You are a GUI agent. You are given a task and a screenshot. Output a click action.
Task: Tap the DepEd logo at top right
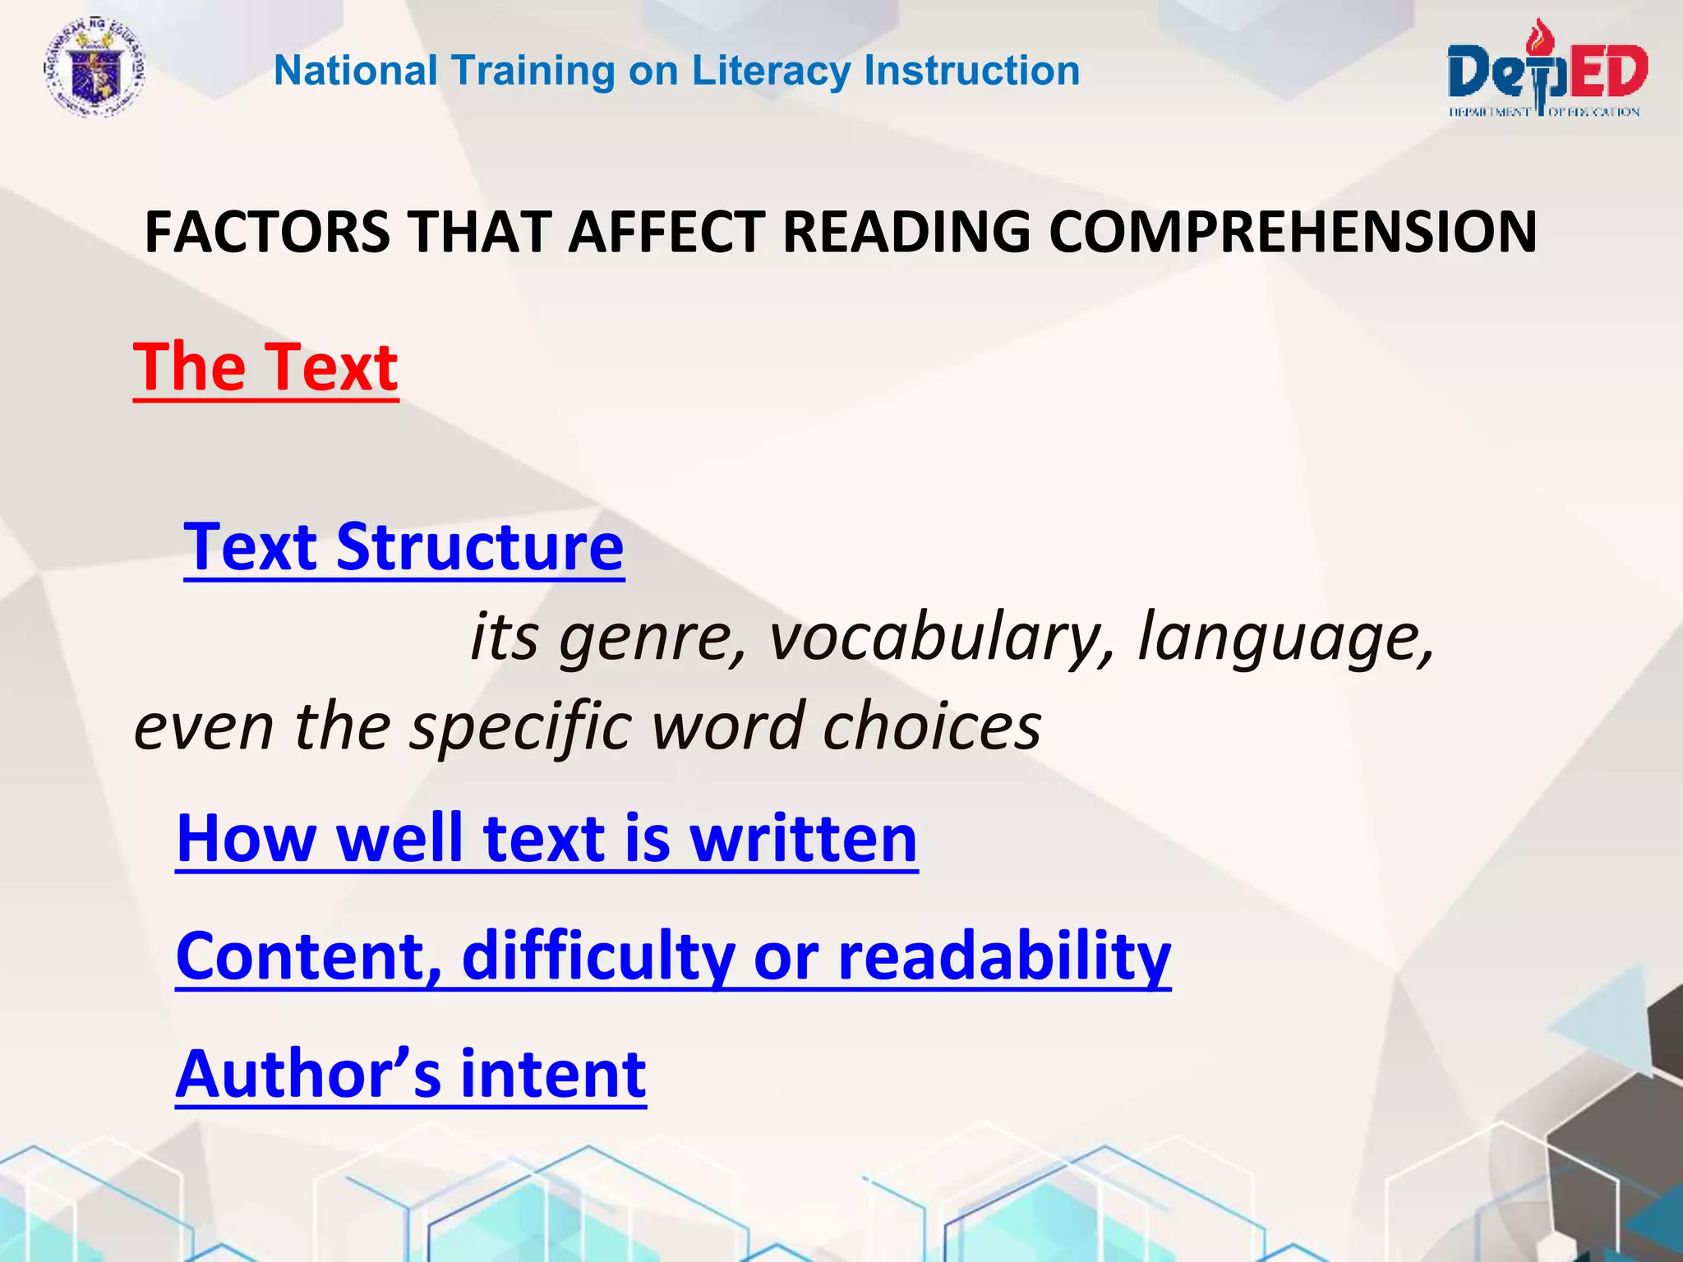1546,71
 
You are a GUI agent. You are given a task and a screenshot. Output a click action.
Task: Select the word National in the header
355,71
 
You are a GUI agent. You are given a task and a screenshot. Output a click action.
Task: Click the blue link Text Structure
403,547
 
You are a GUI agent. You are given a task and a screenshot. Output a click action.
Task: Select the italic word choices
932,727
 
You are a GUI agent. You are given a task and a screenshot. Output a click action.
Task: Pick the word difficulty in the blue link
598,956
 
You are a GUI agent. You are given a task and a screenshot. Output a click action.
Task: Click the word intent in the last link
553,1074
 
